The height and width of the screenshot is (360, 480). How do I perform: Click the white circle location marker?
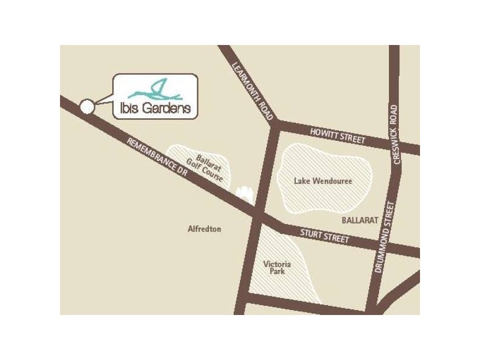click(x=86, y=107)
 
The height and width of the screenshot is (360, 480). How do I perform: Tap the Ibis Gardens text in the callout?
click(x=152, y=109)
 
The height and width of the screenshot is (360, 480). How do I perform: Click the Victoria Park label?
click(x=278, y=268)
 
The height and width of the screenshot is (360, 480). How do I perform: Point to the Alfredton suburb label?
click(x=205, y=229)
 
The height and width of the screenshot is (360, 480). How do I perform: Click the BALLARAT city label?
click(x=360, y=220)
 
